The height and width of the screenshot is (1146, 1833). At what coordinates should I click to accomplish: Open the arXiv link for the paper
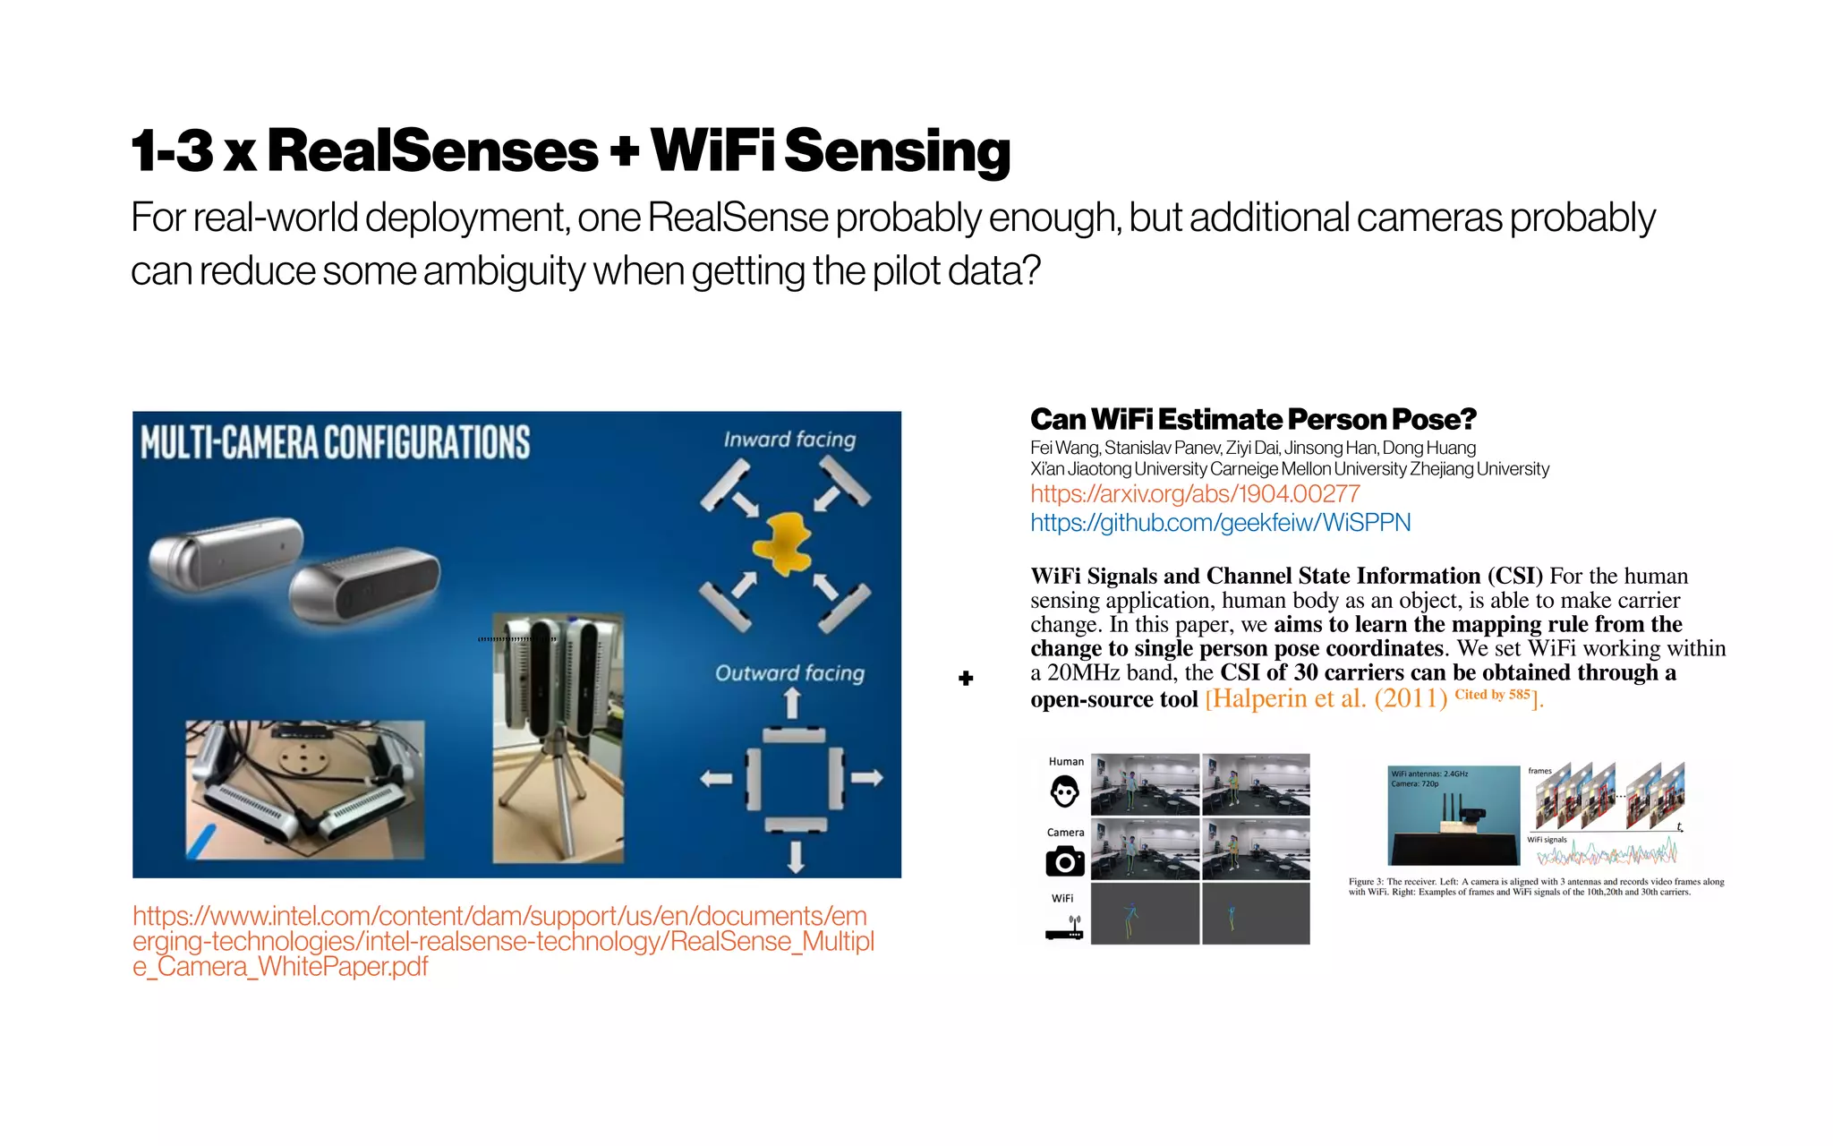click(1195, 493)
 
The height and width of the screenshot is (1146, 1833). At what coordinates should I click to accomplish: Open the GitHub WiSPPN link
click(1220, 522)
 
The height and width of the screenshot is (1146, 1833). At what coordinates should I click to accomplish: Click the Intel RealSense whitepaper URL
click(501, 941)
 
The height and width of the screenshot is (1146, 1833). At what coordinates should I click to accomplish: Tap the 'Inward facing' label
click(789, 439)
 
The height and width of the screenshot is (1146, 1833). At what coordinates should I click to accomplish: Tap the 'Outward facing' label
click(789, 673)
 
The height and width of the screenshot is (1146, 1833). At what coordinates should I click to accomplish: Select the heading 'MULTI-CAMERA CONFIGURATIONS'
click(336, 442)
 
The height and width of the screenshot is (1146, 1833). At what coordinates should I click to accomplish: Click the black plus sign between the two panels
click(966, 679)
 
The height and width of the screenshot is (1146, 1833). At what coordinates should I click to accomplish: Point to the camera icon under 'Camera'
click(1064, 861)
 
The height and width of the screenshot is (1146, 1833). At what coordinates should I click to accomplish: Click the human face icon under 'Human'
click(1064, 791)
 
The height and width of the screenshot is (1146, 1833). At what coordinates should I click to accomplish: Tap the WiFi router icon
click(1064, 929)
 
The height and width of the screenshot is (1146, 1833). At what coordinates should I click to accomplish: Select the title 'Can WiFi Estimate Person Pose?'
click(1253, 419)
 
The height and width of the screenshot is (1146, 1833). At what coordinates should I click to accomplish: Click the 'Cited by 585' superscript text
click(1492, 694)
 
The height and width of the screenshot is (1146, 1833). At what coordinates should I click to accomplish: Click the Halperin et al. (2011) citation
click(1326, 698)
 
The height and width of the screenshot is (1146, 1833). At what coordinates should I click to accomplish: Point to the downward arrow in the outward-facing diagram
click(796, 858)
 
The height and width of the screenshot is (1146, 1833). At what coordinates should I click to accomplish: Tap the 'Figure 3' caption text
click(1536, 886)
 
